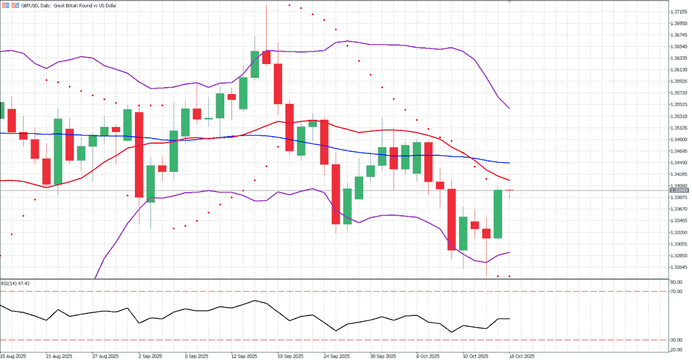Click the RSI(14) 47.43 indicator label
click(x=16, y=283)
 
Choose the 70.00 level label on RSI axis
click(x=676, y=292)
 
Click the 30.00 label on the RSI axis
click(x=676, y=340)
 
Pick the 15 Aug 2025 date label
click(x=13, y=356)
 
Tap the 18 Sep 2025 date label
click(x=290, y=356)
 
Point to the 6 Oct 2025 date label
click(x=429, y=356)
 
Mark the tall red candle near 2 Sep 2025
click(x=139, y=155)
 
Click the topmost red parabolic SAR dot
click(x=289, y=5)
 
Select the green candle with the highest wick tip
click(x=255, y=64)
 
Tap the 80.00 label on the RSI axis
click(x=676, y=282)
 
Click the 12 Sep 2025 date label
click(x=245, y=356)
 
